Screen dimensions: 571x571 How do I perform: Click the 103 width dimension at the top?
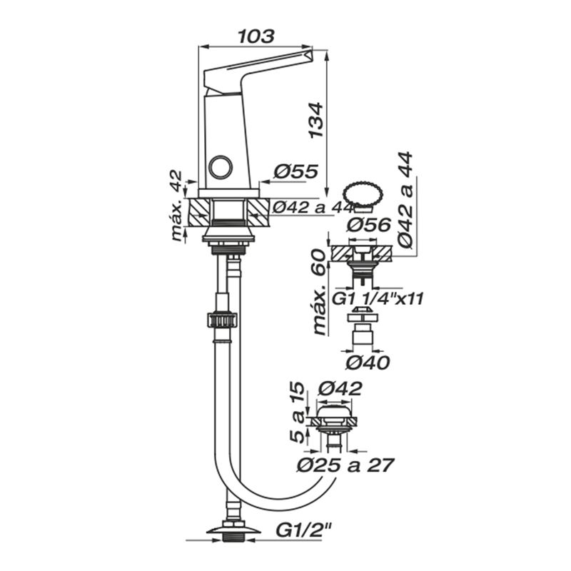coord(256,36)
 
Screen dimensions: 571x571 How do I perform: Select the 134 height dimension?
coord(316,120)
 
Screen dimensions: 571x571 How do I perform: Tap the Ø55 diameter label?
coord(295,171)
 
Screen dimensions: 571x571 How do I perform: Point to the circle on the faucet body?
coord(221,167)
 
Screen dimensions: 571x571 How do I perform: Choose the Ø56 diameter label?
coord(368,225)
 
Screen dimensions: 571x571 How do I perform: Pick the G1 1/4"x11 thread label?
coord(378,299)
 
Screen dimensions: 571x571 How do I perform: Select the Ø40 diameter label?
coord(368,363)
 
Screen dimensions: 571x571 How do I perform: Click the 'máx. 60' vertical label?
coord(318,292)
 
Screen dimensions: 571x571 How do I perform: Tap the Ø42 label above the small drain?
coord(340,388)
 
